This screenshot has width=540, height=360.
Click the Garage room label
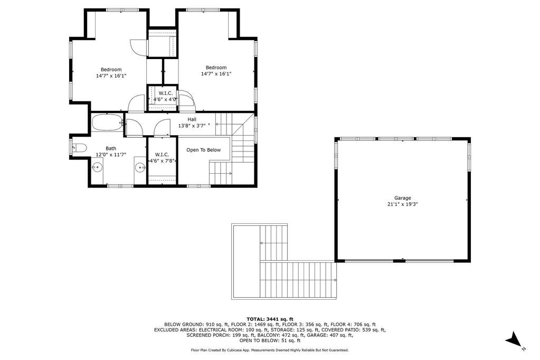point(403,198)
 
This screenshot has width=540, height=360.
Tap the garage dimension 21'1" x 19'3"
point(403,204)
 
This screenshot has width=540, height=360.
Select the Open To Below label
point(204,150)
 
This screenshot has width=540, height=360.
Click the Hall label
point(192,119)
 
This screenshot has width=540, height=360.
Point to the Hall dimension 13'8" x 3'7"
point(192,126)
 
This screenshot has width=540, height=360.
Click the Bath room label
point(111,148)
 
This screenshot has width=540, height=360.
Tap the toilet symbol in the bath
point(79,148)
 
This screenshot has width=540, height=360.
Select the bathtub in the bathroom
point(108,122)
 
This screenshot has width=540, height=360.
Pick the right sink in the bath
point(140,168)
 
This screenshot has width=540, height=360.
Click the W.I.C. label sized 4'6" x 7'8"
point(162,158)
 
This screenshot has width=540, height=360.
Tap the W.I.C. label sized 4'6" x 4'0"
point(165,97)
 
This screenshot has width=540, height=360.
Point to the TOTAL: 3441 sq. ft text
point(270,319)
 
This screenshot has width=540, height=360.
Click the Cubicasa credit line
point(270,350)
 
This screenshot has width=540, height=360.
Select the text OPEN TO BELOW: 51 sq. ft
point(270,340)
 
